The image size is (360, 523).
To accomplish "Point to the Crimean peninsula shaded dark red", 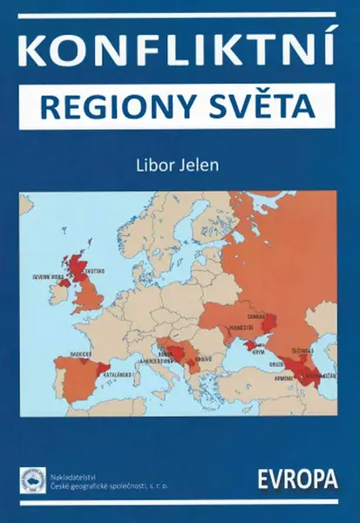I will pyautogui.click(x=254, y=345).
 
